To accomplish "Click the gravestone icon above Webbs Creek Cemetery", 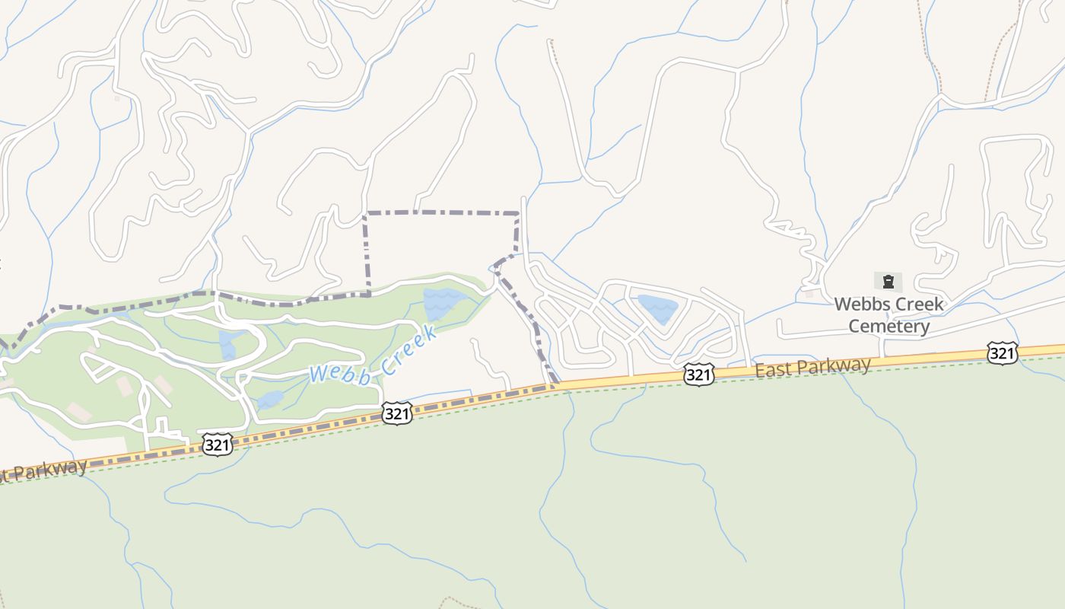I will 888,282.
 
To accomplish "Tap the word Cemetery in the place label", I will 889,327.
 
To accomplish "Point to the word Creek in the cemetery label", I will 916,304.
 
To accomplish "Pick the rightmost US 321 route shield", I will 1002,353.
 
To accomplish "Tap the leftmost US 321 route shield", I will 217,445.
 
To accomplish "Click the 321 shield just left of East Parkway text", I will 698,375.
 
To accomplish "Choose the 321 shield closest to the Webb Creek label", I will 396,413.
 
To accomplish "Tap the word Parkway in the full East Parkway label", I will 835,365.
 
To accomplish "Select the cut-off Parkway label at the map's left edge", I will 46,470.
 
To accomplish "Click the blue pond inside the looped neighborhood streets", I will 657,308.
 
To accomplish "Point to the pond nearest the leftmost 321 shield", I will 270,400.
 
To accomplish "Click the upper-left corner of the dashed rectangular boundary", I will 366,213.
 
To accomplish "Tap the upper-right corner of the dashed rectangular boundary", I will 518,213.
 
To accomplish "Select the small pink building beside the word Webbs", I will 809,293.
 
